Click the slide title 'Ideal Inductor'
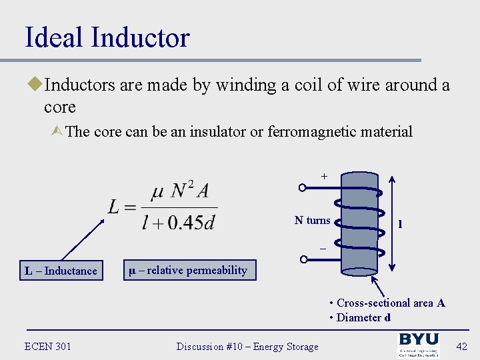click(107, 37)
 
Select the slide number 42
click(461, 345)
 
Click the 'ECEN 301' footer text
click(47, 346)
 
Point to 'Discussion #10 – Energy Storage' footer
click(247, 346)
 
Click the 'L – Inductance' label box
click(61, 271)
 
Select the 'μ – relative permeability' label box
click(190, 270)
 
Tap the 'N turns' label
click(312, 220)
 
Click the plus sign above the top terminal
click(324, 177)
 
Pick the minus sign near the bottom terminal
click(322, 248)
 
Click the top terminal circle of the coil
click(302, 189)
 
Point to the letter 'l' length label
click(400, 224)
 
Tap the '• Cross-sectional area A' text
click(387, 303)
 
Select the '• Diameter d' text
click(360, 317)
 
